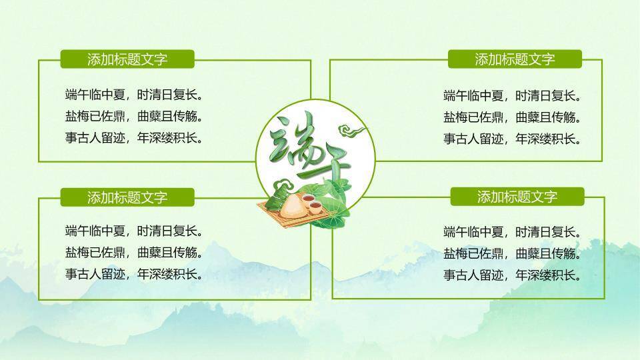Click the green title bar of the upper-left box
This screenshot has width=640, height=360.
click(x=127, y=59)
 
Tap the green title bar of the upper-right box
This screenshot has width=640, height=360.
click(x=515, y=59)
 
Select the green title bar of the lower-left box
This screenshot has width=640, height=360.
click(x=127, y=197)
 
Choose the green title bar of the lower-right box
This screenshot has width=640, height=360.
click(x=517, y=197)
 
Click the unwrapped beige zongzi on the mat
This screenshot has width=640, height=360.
click(x=291, y=207)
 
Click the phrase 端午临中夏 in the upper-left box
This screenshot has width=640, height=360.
click(x=97, y=94)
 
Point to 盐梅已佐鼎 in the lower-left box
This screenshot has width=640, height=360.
click(x=97, y=253)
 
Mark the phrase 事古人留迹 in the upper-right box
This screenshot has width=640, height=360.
click(x=475, y=139)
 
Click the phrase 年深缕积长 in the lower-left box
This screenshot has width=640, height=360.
click(x=170, y=273)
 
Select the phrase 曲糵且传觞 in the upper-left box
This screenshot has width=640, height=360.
click(x=170, y=117)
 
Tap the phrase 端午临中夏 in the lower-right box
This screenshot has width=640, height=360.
click(x=475, y=233)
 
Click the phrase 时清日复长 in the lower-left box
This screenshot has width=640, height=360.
click(x=170, y=231)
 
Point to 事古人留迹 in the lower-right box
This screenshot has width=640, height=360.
click(x=475, y=275)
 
